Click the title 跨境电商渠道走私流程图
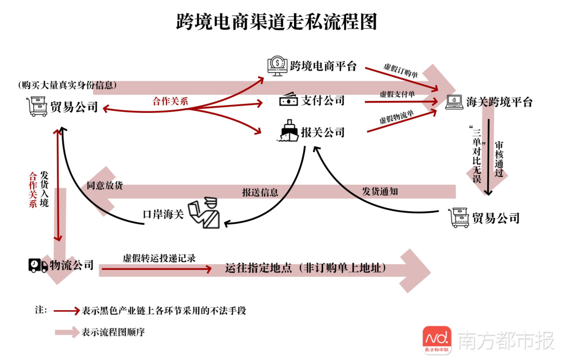276,22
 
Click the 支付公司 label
323,100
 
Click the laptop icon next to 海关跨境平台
454,101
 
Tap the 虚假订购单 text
400,71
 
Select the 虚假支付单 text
397,94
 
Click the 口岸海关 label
163,214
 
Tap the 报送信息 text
260,192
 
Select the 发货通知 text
380,191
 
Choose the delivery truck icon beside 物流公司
38,265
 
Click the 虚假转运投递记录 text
159,259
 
